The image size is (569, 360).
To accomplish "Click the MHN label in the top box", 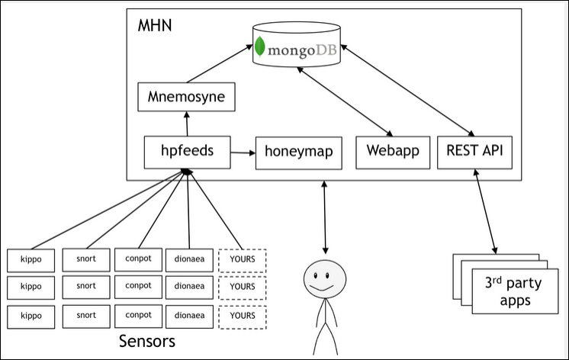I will click(155, 26).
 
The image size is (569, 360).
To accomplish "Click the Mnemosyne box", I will click(186, 97).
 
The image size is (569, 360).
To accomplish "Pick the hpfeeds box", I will click(188, 152).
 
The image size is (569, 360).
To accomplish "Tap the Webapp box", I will click(393, 152).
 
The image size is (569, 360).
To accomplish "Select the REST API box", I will click(474, 152).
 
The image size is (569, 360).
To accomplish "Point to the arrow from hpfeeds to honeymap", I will click(243, 153).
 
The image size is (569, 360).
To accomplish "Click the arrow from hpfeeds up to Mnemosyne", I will click(187, 124).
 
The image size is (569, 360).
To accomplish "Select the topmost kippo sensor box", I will click(31, 260).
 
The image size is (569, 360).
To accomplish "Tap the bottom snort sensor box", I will click(86, 314).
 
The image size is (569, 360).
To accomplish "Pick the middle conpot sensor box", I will click(137, 286).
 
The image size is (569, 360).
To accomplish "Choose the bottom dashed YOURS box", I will click(243, 315).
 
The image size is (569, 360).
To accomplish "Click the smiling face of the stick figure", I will click(326, 280).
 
